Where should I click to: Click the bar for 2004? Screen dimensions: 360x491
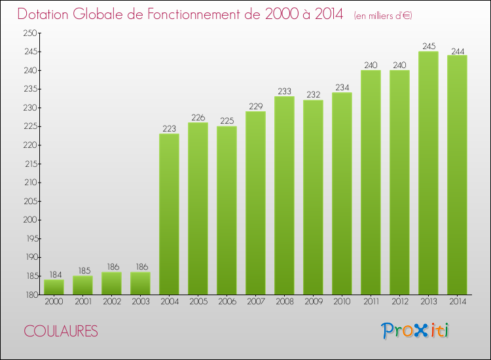click(x=169, y=214)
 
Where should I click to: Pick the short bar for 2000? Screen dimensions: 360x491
click(x=54, y=287)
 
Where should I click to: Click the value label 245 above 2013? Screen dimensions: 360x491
click(x=428, y=46)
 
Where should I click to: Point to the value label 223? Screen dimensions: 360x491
click(x=169, y=129)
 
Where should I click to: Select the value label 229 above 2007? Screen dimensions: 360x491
click(x=255, y=106)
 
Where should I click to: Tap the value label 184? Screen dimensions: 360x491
click(x=54, y=274)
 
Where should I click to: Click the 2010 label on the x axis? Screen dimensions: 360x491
click(x=342, y=302)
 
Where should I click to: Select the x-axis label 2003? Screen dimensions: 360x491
click(x=140, y=302)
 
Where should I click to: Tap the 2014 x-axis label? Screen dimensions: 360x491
click(x=457, y=302)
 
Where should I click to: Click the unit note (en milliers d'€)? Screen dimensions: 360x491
click(x=383, y=15)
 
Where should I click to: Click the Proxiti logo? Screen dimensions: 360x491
click(x=414, y=330)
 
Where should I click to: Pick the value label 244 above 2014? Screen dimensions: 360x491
click(x=457, y=50)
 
